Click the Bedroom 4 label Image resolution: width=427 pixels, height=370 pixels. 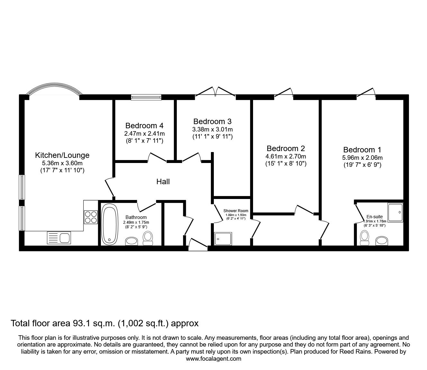144,126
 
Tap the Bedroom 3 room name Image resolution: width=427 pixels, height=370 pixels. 212,121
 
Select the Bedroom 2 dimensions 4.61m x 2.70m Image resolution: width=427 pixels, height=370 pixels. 286,156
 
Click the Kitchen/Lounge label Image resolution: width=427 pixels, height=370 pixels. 62,155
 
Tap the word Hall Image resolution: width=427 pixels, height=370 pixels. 163,182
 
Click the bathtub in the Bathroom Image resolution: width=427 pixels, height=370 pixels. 110,224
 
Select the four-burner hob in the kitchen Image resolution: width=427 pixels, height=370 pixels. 91,217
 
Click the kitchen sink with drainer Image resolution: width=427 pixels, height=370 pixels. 59,238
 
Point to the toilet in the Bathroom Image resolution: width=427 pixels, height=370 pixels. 148,238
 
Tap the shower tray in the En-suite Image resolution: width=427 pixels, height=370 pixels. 395,212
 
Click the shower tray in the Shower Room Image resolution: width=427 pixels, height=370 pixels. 223,239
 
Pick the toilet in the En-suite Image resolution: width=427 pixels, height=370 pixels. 364,238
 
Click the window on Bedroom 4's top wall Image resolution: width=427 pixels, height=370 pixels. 146,97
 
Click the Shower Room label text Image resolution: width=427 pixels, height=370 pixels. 236,211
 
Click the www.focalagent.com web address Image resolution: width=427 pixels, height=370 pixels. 213,359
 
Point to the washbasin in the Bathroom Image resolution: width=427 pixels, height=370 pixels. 132,241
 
